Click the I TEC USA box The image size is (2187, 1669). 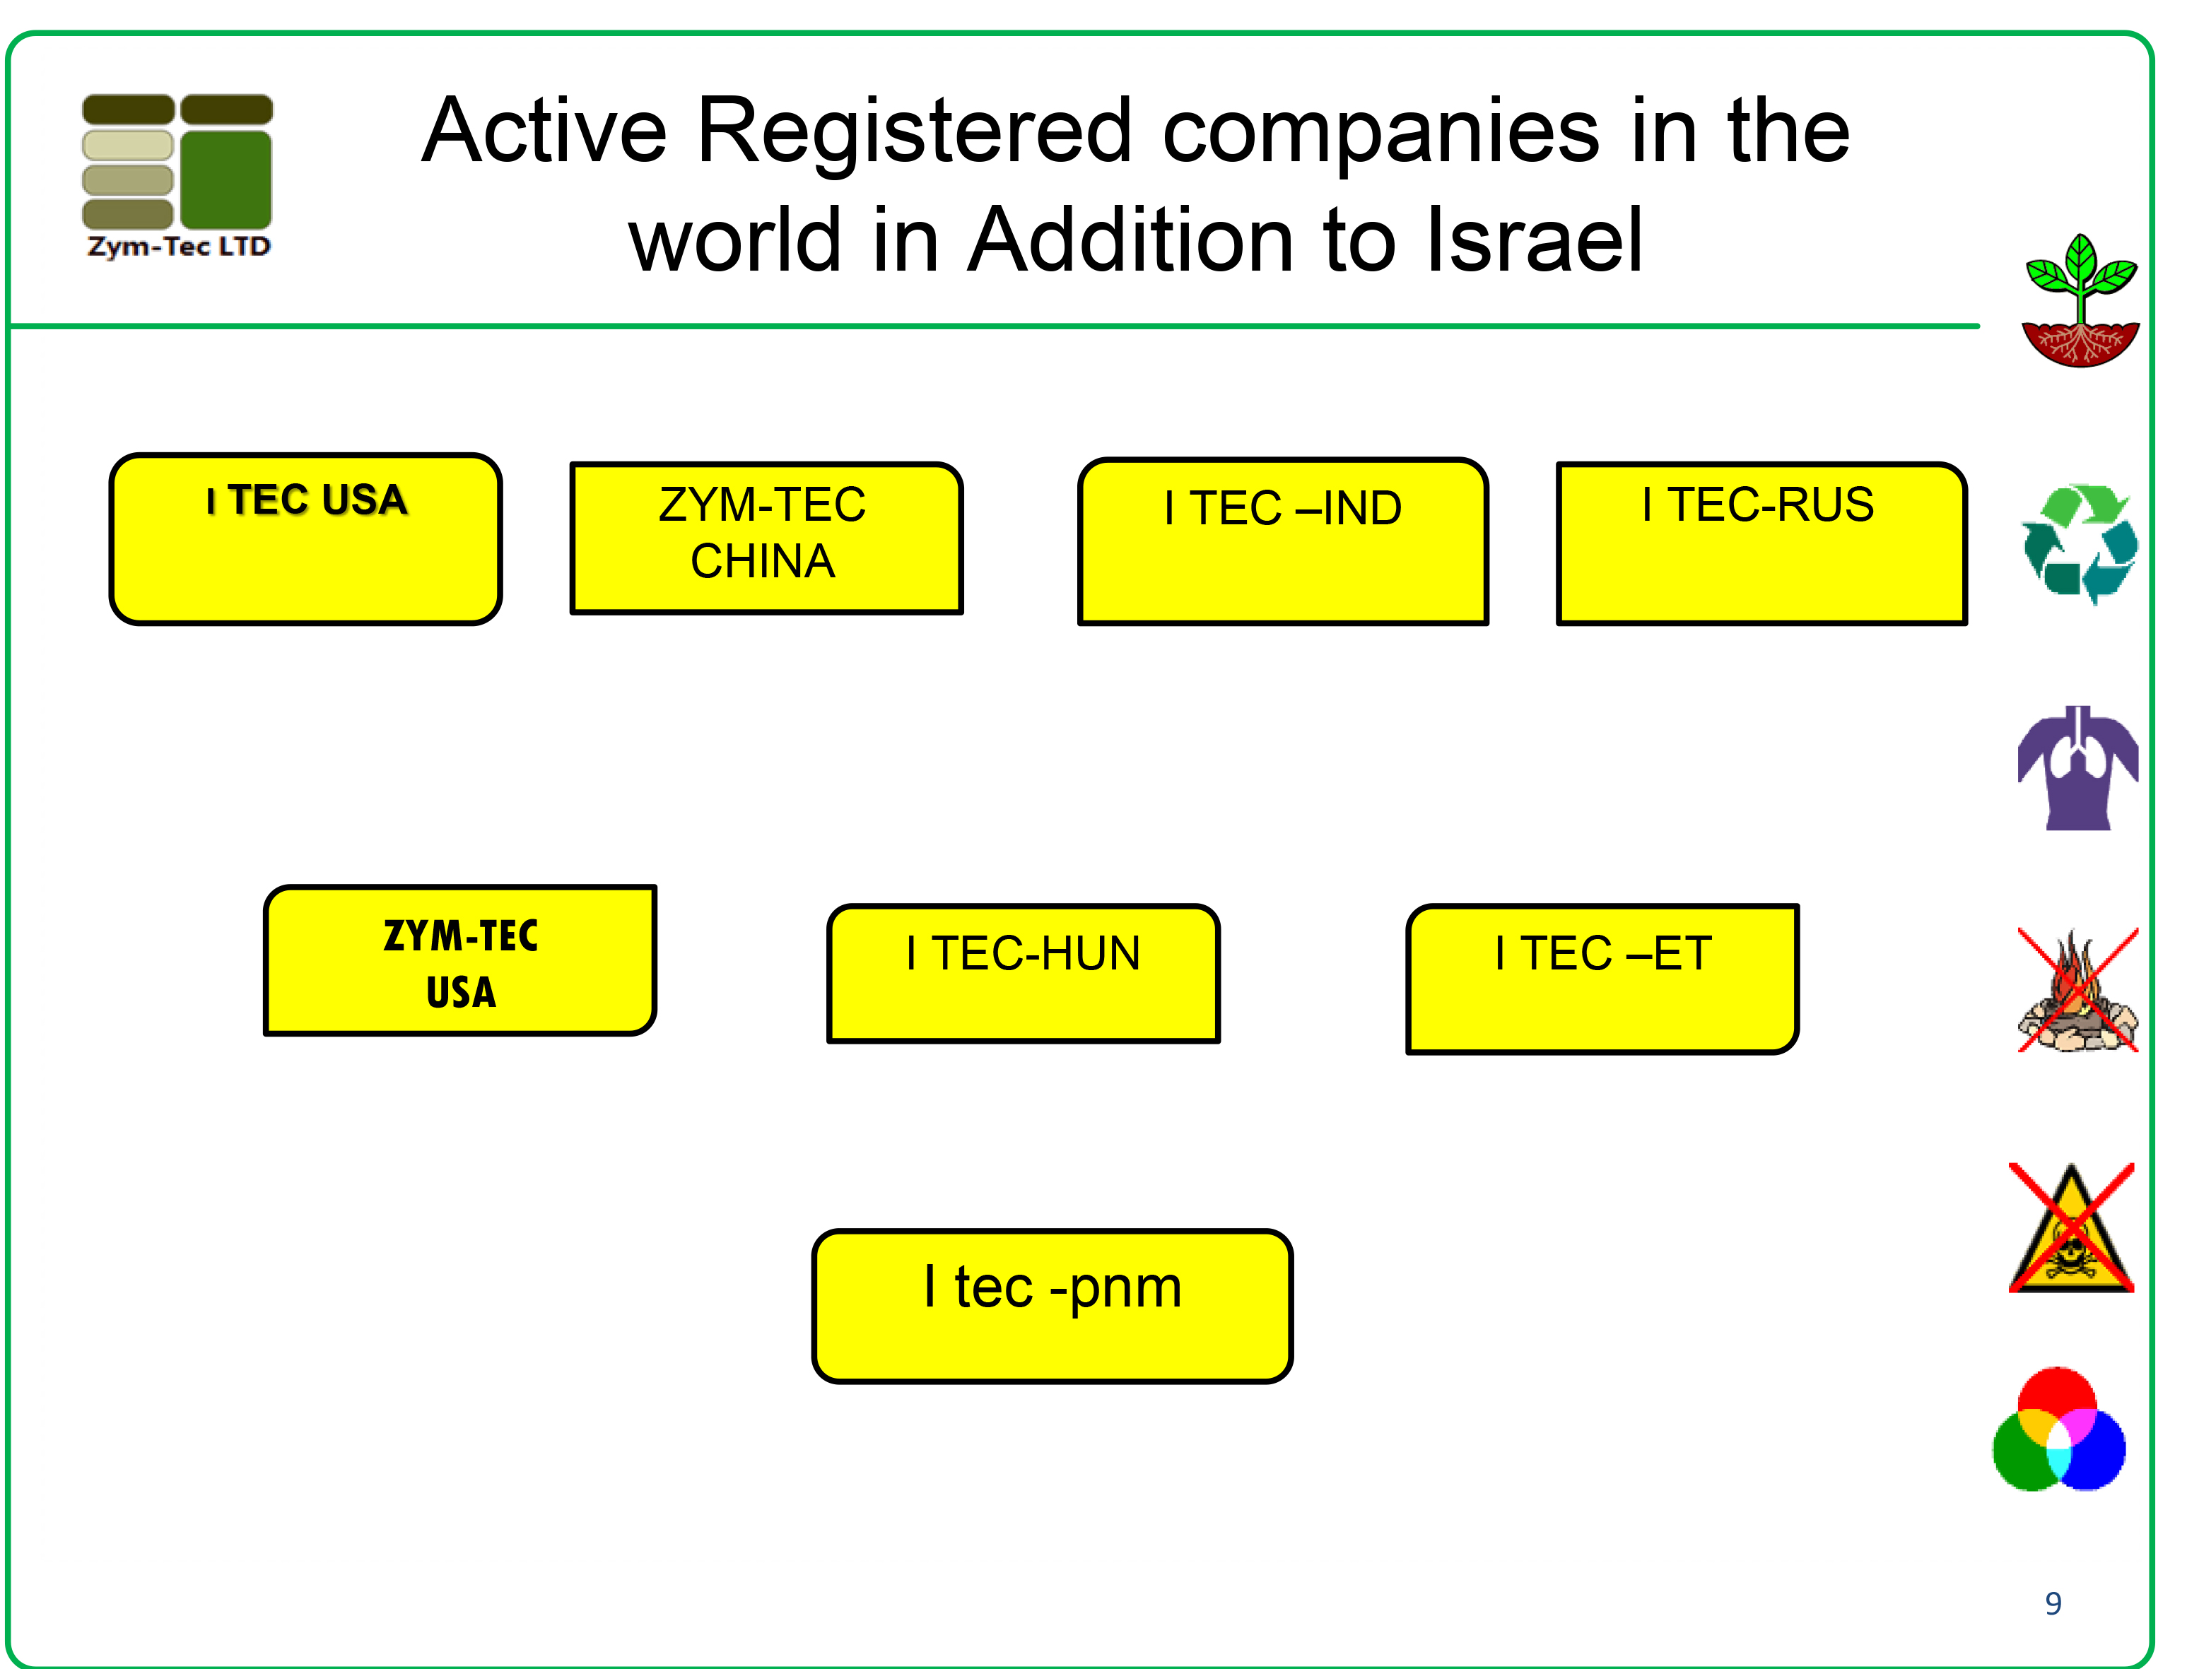click(306, 539)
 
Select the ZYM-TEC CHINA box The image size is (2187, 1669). click(766, 538)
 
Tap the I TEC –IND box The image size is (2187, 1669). click(1283, 541)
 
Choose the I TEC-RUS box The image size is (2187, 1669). click(1761, 543)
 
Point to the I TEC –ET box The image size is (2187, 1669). click(1602, 979)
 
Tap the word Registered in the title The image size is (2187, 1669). click(914, 132)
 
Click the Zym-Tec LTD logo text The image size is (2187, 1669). click(179, 247)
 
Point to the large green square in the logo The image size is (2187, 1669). click(227, 179)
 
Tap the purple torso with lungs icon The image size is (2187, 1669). click(2077, 768)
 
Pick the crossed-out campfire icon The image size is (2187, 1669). click(2077, 989)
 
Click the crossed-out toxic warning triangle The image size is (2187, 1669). click(2072, 1228)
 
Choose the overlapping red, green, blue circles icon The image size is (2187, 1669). click(2060, 1429)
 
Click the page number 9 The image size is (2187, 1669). click(2053, 1603)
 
